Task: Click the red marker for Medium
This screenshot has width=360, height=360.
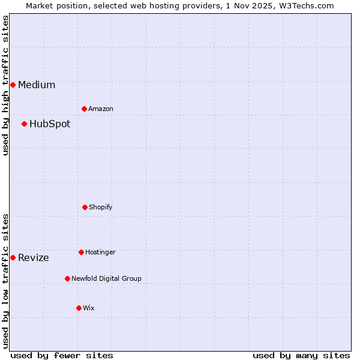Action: click(x=13, y=85)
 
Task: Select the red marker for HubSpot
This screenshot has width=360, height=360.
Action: click(x=24, y=124)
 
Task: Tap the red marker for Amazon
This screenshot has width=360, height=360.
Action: click(x=84, y=109)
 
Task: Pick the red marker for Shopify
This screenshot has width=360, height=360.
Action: click(x=85, y=207)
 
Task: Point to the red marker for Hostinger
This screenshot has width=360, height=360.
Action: click(x=81, y=252)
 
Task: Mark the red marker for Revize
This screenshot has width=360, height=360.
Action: click(x=13, y=257)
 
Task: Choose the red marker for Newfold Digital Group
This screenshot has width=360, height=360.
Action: click(x=67, y=278)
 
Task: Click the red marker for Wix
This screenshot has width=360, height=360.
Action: click(x=79, y=308)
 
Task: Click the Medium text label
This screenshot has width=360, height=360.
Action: click(x=37, y=85)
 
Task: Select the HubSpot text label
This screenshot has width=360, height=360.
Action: click(x=50, y=124)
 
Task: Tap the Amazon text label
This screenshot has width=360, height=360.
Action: click(x=101, y=109)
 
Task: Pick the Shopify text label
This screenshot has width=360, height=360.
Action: click(x=101, y=207)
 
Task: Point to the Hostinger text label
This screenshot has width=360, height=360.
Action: click(x=100, y=252)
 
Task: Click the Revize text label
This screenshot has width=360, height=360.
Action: click(x=34, y=258)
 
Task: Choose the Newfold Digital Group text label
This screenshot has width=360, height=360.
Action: click(x=106, y=278)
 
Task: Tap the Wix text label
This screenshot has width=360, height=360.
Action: click(x=89, y=308)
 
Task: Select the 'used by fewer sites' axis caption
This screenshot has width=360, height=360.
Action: click(x=62, y=355)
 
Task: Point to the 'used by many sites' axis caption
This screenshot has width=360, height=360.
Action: click(x=301, y=355)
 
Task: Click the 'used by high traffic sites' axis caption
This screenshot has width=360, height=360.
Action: click(x=5, y=85)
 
